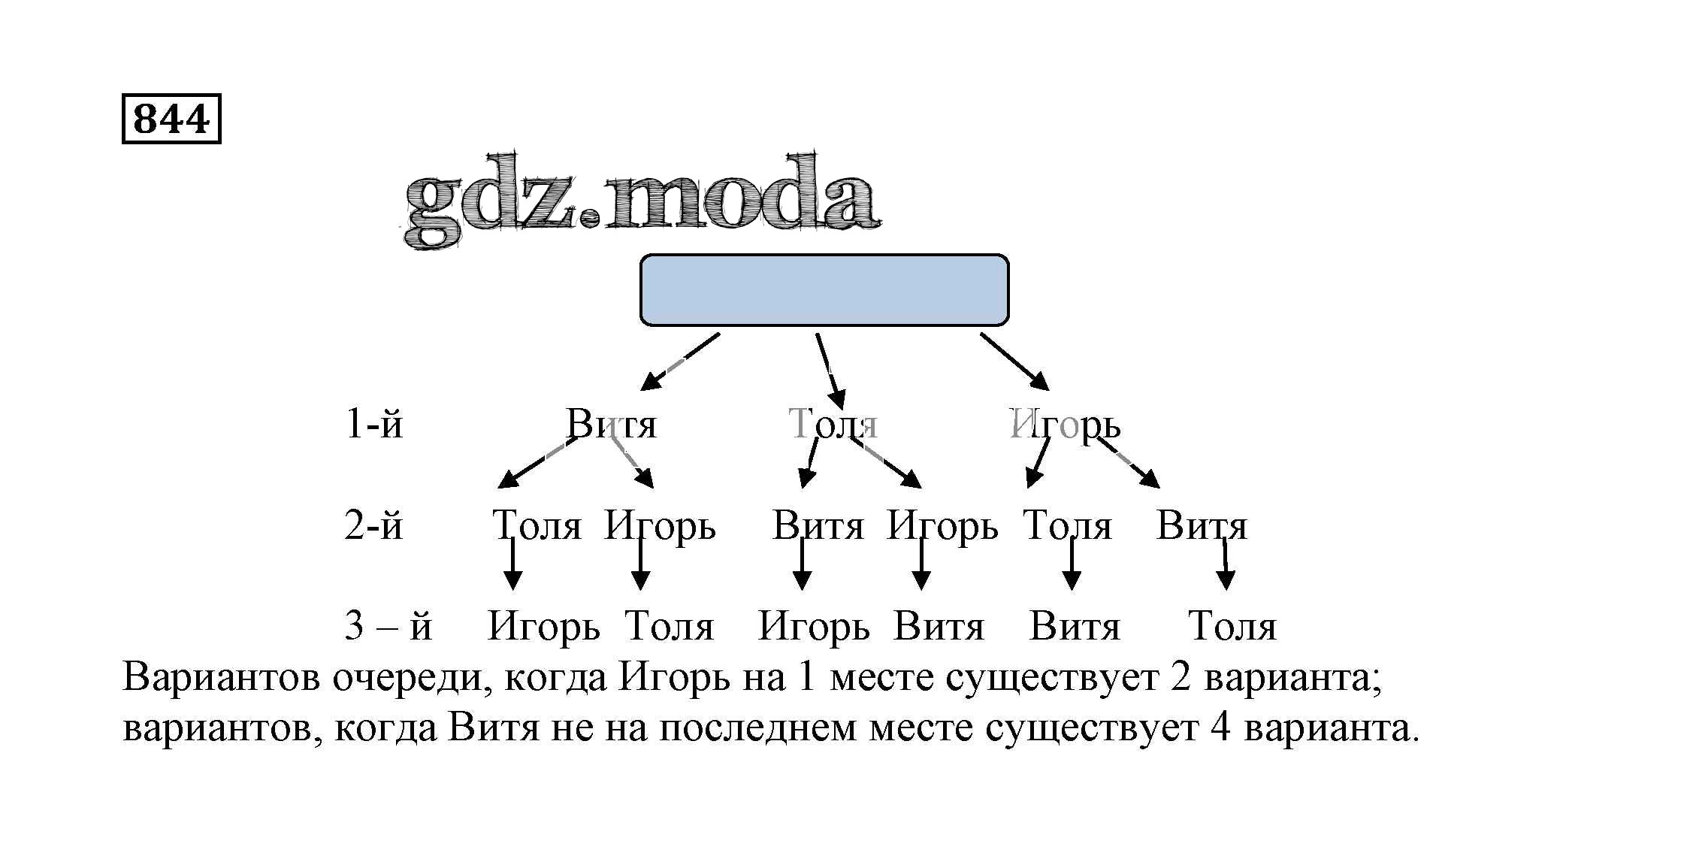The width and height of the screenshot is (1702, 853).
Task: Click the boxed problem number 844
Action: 171,119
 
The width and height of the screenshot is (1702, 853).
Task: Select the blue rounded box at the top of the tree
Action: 824,290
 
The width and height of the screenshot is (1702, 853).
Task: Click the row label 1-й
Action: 373,425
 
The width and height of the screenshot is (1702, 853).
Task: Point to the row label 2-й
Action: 373,525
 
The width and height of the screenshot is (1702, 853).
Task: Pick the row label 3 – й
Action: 388,626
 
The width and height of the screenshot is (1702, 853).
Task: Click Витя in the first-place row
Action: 611,425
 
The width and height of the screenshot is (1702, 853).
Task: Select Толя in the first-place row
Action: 833,425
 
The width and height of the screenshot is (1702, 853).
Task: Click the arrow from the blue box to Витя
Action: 679,361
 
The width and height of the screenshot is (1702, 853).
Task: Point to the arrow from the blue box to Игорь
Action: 1014,361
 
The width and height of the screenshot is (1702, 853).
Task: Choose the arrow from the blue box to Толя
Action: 830,371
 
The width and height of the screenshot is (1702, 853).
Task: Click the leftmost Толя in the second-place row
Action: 537,525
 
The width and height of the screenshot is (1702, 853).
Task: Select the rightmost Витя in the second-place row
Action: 1201,525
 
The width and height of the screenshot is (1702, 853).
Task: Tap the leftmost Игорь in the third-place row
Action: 543,627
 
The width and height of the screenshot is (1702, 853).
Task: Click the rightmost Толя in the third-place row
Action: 1232,626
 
